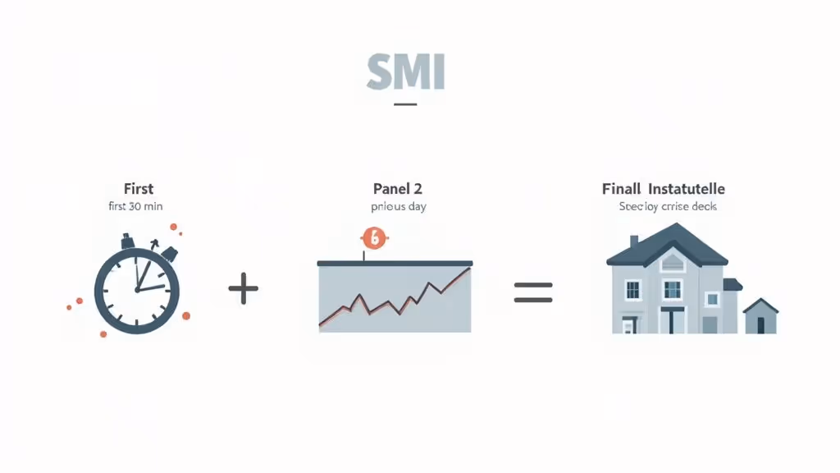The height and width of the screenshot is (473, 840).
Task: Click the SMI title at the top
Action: click(405, 73)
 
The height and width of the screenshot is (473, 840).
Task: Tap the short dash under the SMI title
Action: click(405, 104)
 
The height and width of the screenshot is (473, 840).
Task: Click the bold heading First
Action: click(139, 189)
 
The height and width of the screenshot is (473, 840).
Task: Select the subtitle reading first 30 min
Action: click(135, 206)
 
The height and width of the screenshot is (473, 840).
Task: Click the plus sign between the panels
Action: click(243, 289)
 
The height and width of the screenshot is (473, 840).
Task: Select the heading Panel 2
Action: click(397, 189)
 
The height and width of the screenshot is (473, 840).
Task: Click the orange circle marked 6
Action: click(373, 238)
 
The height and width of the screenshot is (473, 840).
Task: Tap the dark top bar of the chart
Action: click(394, 264)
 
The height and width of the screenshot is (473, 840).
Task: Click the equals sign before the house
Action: click(533, 292)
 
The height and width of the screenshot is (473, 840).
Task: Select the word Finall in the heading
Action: click(620, 189)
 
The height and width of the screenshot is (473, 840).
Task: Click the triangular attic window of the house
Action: click(672, 262)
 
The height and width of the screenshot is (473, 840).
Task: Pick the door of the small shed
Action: click(761, 324)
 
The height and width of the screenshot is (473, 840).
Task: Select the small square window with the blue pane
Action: click(710, 299)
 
